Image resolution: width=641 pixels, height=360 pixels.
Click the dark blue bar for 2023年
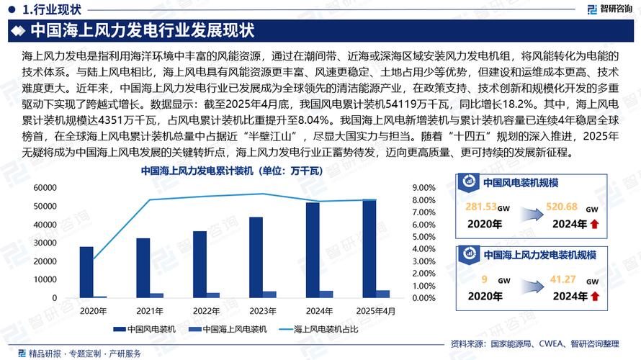pyautogui.click(x=256, y=257)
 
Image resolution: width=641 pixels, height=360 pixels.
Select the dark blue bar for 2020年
pyautogui.click(x=86, y=272)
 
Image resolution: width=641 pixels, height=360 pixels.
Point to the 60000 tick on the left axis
pyautogui.click(x=45, y=188)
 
